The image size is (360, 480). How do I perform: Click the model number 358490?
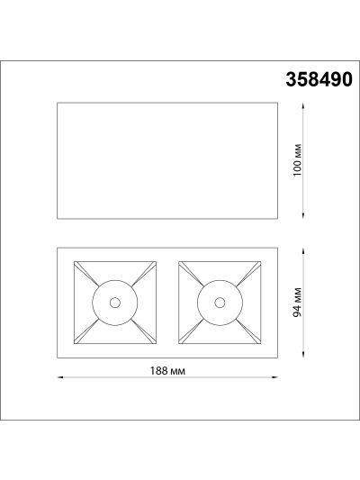point(319,79)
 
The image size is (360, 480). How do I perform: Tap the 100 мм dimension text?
point(298,160)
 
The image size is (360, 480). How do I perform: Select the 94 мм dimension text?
point(298,303)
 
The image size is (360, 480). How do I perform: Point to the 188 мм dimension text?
point(167,371)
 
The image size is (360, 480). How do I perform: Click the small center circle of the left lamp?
point(115,303)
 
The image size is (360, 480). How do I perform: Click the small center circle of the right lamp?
point(220,303)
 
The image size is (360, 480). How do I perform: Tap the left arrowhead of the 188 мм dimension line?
point(60,377)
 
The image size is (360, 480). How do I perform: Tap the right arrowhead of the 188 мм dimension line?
point(275,377)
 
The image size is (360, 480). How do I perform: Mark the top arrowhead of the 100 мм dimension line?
point(303,105)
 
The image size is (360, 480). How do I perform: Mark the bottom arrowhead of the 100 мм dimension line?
point(303,216)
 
